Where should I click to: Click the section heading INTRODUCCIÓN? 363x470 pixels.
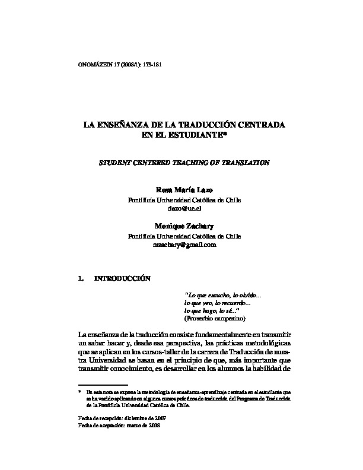(x=123, y=278)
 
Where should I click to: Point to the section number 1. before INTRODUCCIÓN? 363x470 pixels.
(x=81, y=278)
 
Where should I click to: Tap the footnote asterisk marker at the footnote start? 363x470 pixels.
(x=79, y=392)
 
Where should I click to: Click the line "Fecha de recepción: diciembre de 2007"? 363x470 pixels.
(x=118, y=418)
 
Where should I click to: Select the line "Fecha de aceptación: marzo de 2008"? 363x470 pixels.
(x=118, y=425)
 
